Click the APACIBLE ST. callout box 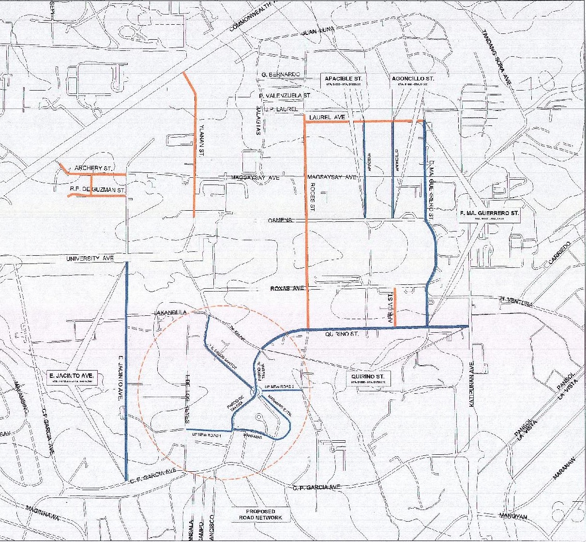(344, 80)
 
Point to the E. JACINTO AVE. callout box (73, 377)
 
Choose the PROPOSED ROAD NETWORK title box (260, 514)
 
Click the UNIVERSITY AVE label (90, 259)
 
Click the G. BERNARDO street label (280, 74)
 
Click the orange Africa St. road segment (395, 307)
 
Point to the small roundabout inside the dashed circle (257, 391)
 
